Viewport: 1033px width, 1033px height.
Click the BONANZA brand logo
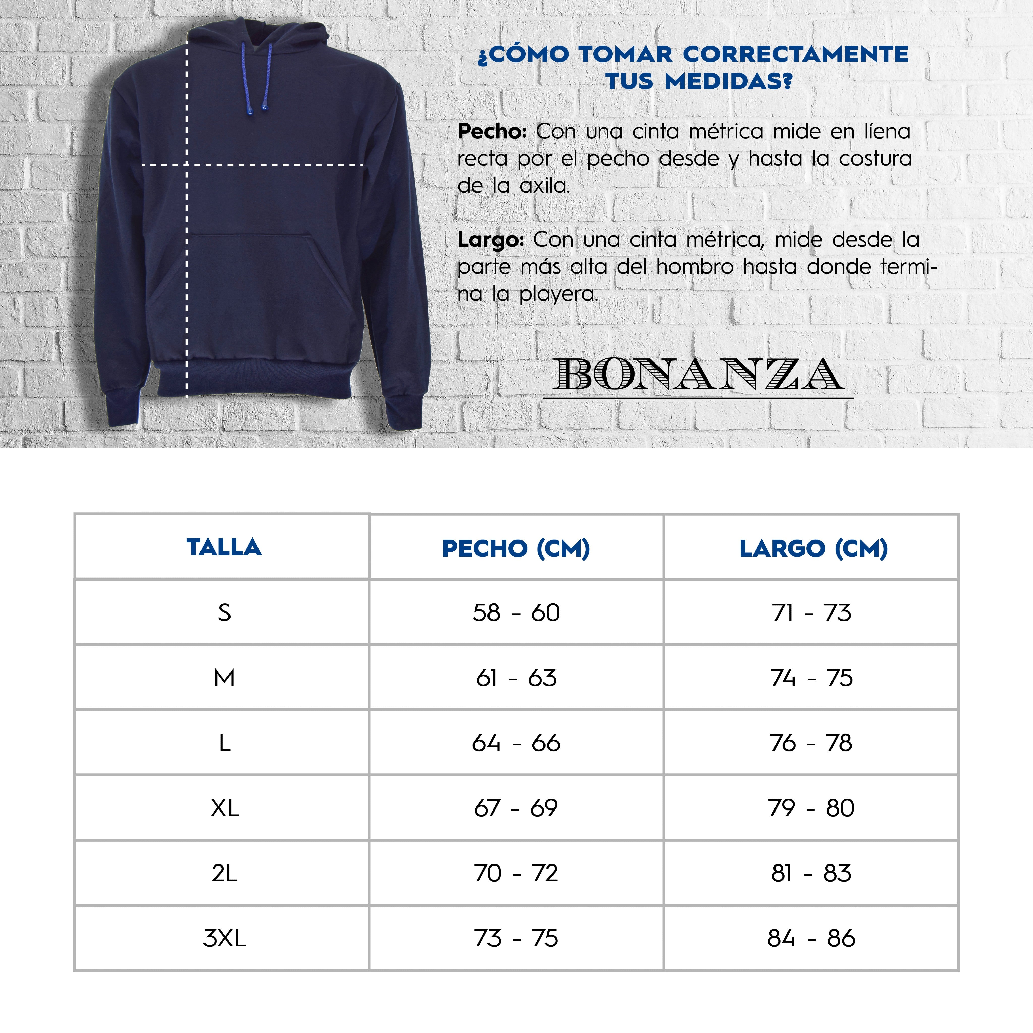(x=698, y=375)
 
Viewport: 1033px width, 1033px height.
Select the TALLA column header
(x=224, y=547)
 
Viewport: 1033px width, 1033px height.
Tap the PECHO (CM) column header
(x=516, y=549)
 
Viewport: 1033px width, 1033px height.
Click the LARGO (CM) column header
(x=813, y=549)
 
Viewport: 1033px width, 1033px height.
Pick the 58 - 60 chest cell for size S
(x=516, y=613)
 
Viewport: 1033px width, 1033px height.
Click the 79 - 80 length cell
(x=811, y=808)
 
